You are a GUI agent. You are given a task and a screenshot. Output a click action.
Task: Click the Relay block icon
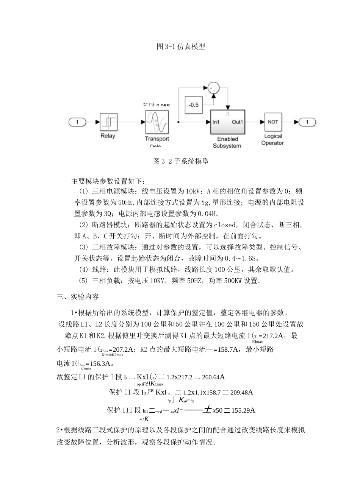click(108, 122)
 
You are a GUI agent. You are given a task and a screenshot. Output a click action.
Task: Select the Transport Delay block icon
click(157, 122)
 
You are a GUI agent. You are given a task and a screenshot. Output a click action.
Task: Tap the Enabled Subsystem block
click(227, 122)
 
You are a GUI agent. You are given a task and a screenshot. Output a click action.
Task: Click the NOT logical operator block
click(273, 122)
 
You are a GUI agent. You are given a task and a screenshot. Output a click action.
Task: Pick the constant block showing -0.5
click(194, 104)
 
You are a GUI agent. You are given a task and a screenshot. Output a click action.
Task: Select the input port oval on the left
click(78, 122)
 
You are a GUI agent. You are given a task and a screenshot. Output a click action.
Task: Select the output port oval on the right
click(307, 122)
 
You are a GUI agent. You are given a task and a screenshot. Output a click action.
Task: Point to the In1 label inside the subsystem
click(216, 122)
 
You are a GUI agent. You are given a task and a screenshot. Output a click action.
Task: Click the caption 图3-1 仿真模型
click(181, 47)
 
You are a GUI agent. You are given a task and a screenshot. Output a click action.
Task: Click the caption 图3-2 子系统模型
click(181, 161)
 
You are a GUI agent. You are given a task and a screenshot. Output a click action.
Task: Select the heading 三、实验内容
click(78, 296)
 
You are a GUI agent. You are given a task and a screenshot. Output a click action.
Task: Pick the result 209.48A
click(239, 393)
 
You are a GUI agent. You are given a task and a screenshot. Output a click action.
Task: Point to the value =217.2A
click(273, 336)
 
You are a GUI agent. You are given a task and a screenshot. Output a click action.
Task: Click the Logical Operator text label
click(272, 139)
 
